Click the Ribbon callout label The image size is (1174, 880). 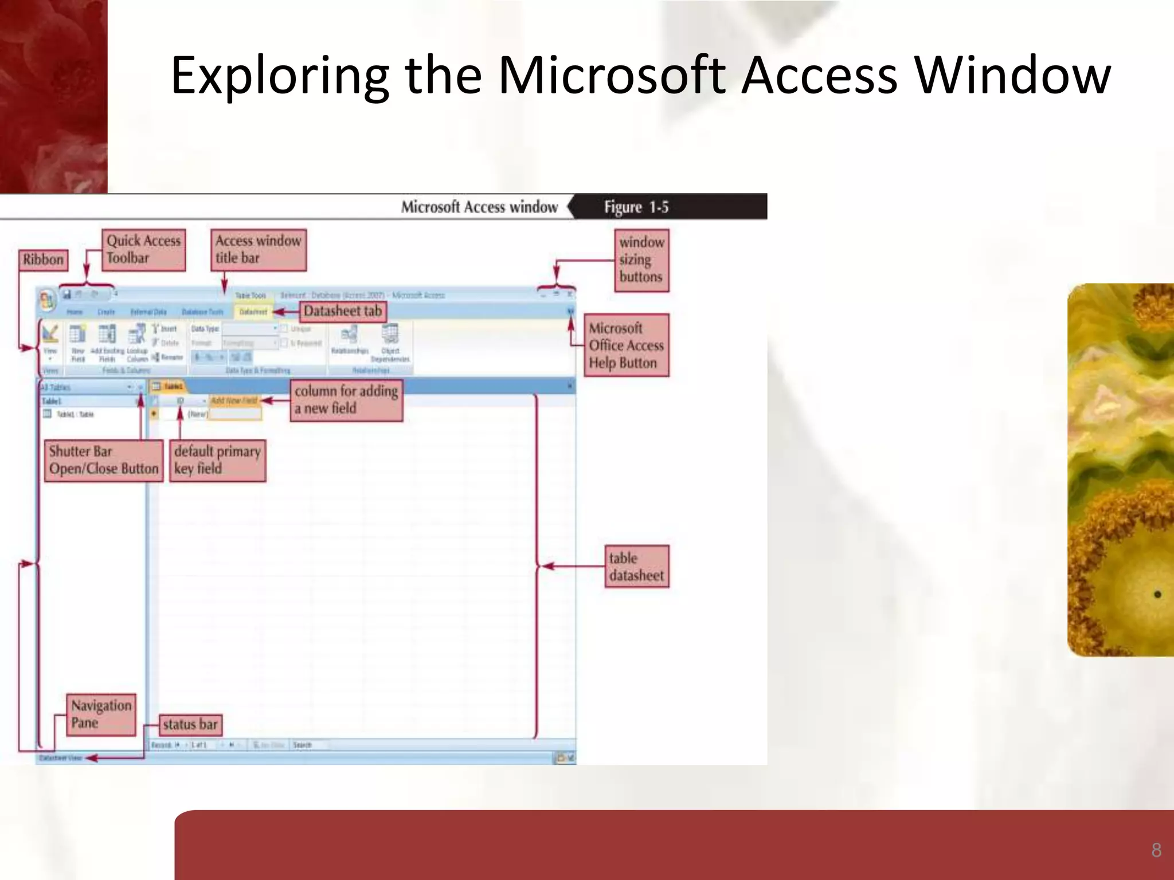click(x=43, y=260)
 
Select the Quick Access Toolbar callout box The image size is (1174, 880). click(x=144, y=250)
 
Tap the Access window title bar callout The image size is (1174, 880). click(x=259, y=250)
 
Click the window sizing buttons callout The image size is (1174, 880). click(x=641, y=260)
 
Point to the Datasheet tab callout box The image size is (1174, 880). click(x=343, y=311)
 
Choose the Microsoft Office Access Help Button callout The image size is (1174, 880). click(x=626, y=345)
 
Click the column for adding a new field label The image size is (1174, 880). click(x=346, y=400)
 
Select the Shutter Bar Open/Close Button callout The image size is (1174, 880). click(x=103, y=460)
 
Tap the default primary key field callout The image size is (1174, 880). click(x=217, y=460)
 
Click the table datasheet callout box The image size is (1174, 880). click(x=636, y=567)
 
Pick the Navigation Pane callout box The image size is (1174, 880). click(x=101, y=714)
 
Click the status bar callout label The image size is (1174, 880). click(x=190, y=725)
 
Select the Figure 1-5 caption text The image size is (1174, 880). click(x=636, y=207)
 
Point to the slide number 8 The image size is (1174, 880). click(x=1156, y=850)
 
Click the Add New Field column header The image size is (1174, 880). click(x=234, y=400)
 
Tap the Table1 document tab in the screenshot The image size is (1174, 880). click(x=168, y=387)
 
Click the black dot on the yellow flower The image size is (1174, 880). click(x=1157, y=595)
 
